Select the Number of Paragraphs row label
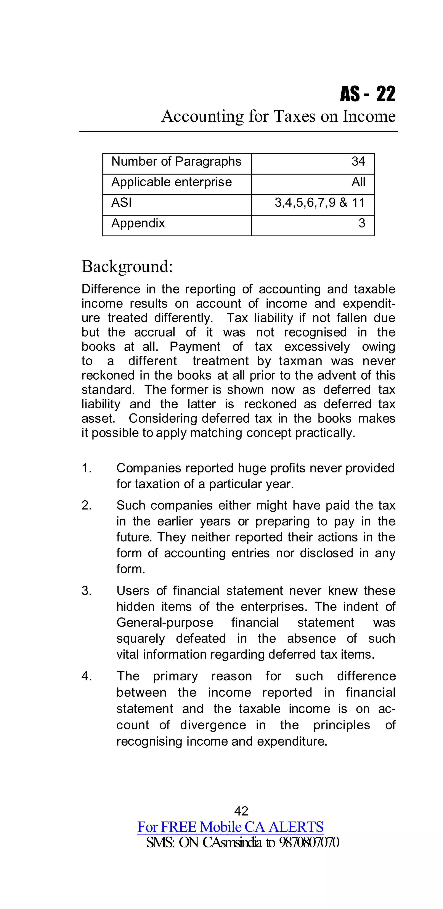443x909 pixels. pos(176,162)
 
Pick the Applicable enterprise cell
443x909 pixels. pos(171,182)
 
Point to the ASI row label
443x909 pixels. pos(121,203)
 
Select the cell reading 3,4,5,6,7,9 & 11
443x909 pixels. pos(319,203)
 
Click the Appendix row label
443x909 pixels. pos(138,223)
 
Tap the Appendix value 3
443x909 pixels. pos(361,223)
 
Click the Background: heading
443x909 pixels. pos(127,266)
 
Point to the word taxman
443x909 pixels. pos(300,361)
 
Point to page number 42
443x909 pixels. pos(241,811)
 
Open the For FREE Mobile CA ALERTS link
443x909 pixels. pos(230,827)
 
